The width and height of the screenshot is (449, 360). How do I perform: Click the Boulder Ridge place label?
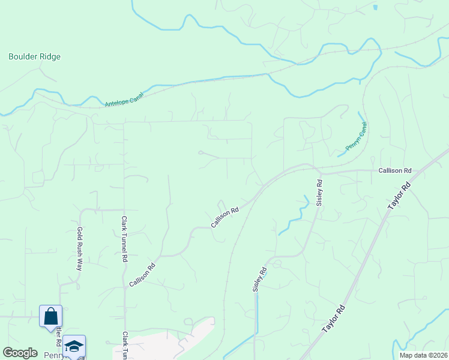tap(34, 57)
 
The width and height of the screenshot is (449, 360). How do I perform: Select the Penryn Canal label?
tap(356, 137)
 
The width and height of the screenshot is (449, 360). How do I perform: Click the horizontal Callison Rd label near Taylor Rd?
tap(394, 171)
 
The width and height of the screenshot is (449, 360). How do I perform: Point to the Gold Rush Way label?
tap(79, 248)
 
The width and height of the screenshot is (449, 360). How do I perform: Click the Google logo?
tap(20, 353)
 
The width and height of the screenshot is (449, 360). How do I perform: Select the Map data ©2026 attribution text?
tap(424, 355)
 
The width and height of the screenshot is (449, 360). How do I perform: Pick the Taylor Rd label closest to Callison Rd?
tap(399, 196)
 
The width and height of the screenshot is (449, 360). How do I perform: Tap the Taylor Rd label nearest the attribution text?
tap(334, 319)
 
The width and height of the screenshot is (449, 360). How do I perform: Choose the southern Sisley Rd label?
tap(258, 280)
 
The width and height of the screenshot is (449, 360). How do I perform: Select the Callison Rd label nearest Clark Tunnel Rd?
tap(142, 274)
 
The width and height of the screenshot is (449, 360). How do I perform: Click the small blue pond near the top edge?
tap(375, 8)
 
